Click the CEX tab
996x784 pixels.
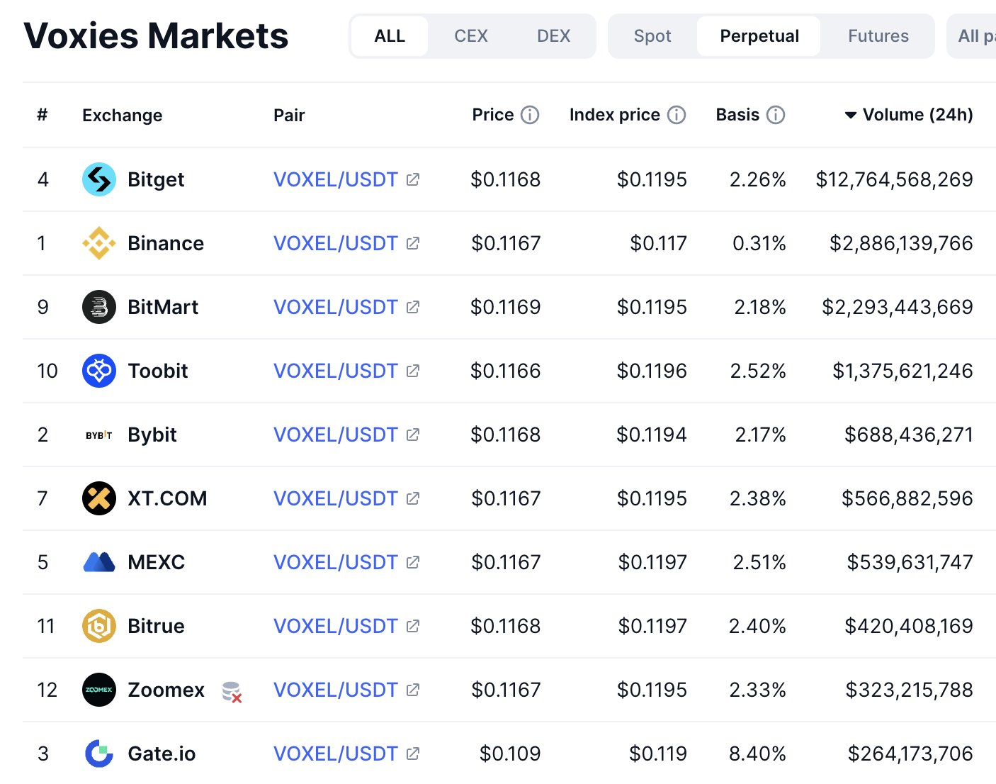(470, 36)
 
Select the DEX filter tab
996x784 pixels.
(553, 36)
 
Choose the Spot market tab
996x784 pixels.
(652, 36)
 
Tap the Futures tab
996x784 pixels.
(878, 36)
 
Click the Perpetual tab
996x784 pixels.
(759, 36)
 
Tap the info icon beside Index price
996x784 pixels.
(677, 115)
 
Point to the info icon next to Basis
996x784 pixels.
(776, 115)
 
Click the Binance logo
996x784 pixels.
(99, 243)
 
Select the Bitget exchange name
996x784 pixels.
(156, 179)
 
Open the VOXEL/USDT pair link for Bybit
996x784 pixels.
(335, 435)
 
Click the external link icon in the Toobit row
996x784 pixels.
(413, 371)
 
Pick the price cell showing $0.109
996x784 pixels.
(509, 754)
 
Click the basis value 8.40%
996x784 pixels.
(757, 754)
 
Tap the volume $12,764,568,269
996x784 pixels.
(894, 179)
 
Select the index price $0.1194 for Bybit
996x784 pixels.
(651, 435)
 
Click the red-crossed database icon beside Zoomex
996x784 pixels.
(232, 691)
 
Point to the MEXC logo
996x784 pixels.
(99, 562)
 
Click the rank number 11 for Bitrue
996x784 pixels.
(46, 626)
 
